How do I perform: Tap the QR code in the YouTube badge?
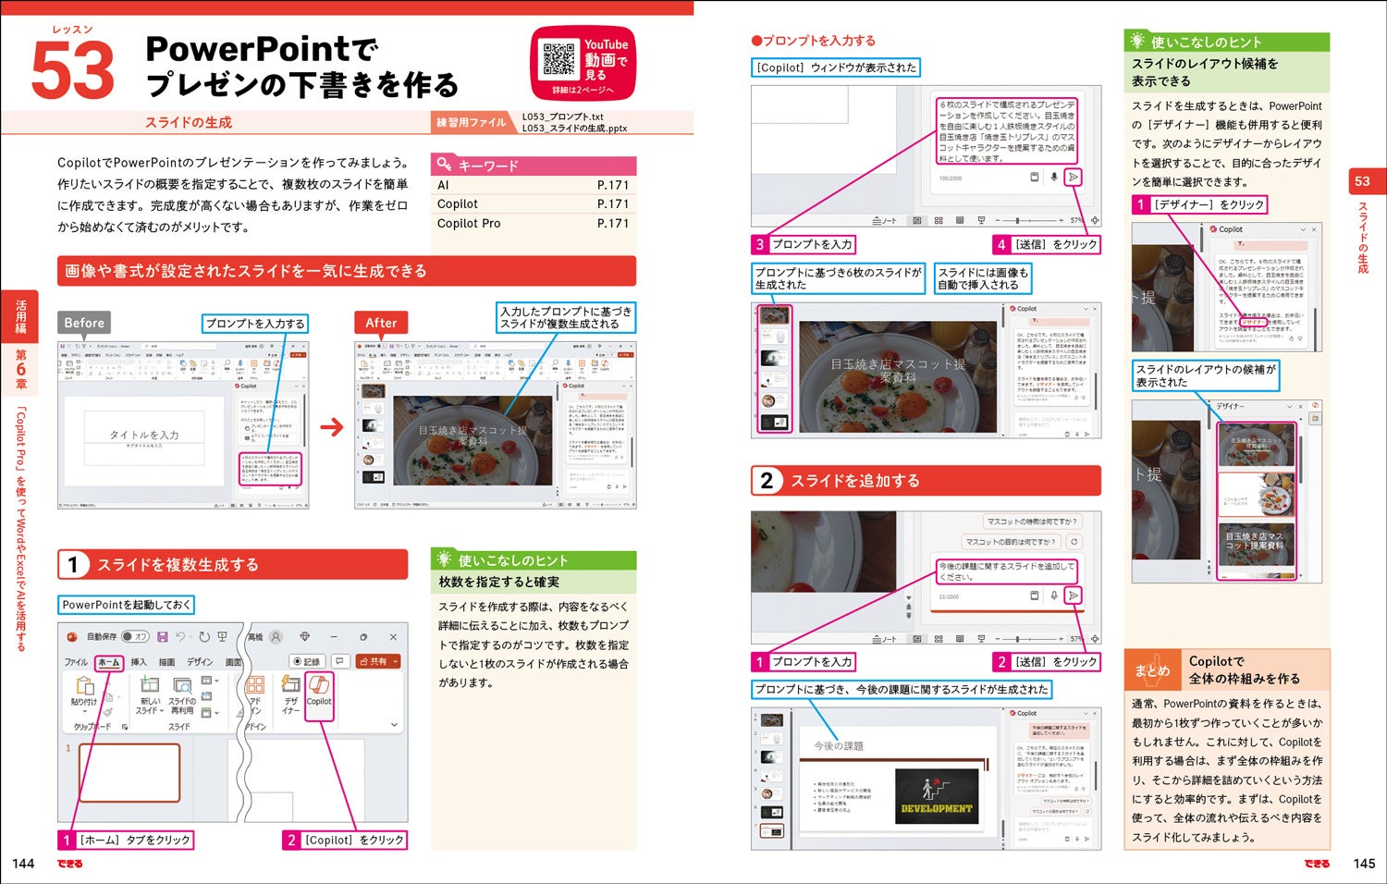(558, 59)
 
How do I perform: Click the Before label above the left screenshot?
(84, 323)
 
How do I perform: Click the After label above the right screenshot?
(381, 323)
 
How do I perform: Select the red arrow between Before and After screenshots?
(331, 427)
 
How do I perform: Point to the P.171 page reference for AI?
(612, 185)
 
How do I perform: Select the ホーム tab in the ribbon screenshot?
(109, 662)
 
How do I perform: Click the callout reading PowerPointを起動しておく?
(126, 605)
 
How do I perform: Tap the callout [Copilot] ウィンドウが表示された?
(836, 68)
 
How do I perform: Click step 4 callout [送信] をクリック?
(1047, 244)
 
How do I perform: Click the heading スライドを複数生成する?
(178, 565)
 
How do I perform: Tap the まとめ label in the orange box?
(1152, 670)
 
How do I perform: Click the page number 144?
(23, 864)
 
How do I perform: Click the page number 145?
(1364, 864)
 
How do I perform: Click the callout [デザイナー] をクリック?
(1199, 204)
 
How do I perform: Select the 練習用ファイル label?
(471, 122)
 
